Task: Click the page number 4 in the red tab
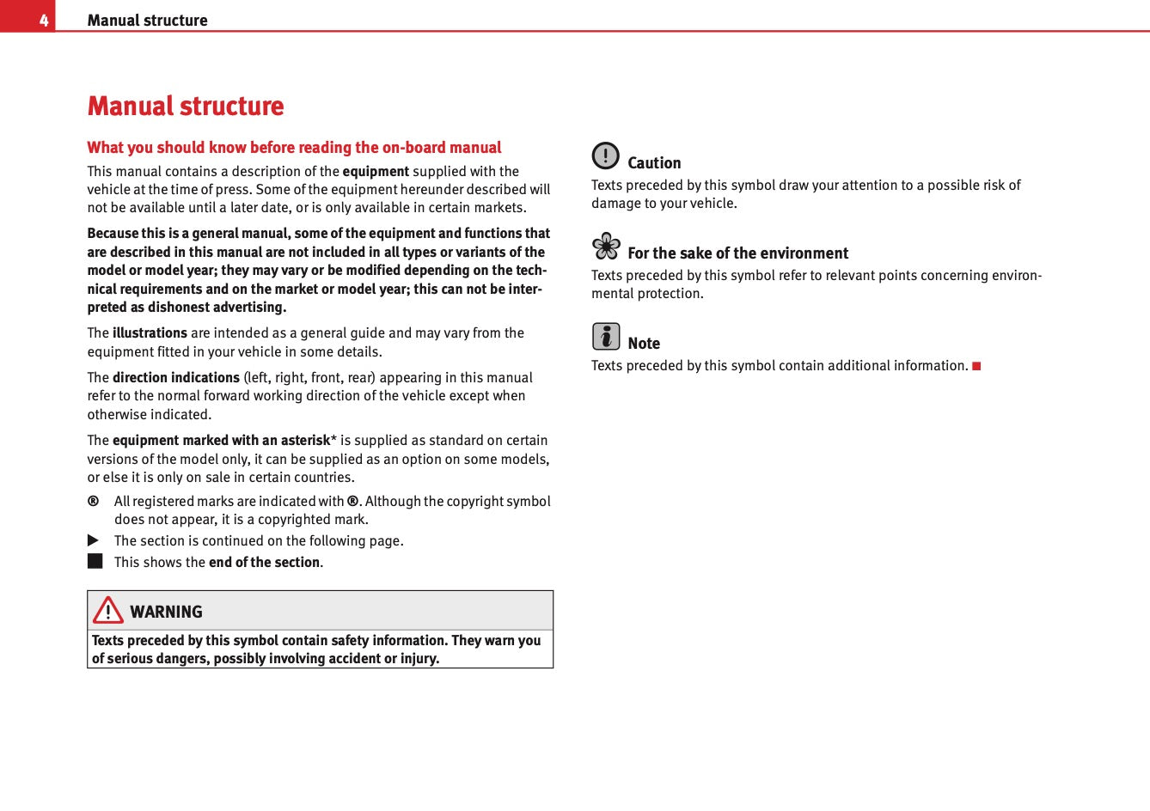tap(43, 20)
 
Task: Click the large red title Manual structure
tap(186, 107)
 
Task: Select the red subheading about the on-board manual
tap(294, 148)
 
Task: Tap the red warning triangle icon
tap(108, 610)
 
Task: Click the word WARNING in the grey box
tap(166, 612)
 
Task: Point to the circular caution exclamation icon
tap(605, 155)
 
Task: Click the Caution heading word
tap(654, 163)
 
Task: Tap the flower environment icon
tap(606, 247)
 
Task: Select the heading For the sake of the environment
tap(737, 253)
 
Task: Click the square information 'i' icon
tap(606, 336)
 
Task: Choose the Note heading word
tap(644, 344)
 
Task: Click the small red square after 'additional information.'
tap(976, 366)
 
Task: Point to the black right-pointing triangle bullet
tap(94, 540)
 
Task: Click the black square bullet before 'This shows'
tap(95, 561)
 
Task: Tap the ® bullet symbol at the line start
tap(93, 501)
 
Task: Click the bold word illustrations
tap(150, 333)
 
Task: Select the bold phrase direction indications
tap(176, 378)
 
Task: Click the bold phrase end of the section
tap(264, 563)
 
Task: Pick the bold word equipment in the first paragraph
tap(376, 172)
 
